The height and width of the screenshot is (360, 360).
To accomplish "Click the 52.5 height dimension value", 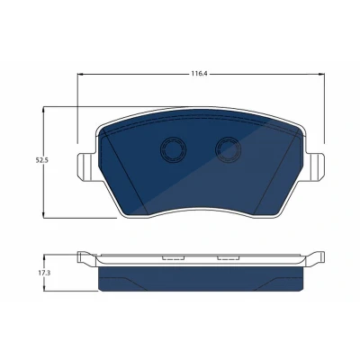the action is [x=42, y=160].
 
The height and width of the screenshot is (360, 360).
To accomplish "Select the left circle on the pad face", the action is [x=173, y=149].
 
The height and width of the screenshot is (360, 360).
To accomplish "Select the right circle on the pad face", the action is [x=229, y=149].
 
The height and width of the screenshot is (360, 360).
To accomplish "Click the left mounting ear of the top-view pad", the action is [x=87, y=166].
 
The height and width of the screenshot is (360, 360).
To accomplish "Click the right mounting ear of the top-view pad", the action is [x=315, y=166].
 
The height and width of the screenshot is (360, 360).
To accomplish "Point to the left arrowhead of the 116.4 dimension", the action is [x=80, y=74].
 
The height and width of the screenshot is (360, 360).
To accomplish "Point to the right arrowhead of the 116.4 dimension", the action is [x=321, y=74].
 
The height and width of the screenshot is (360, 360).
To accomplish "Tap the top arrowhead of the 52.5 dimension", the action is [x=44, y=110].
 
